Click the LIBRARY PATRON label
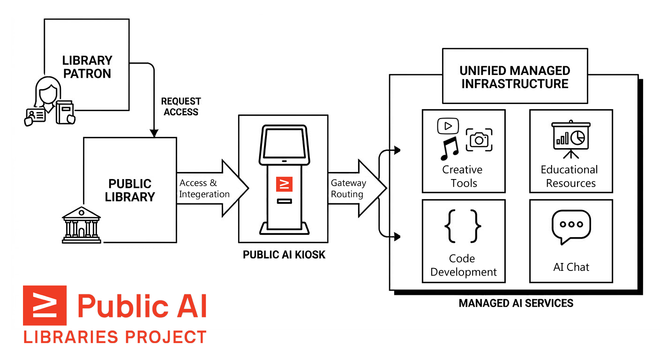[87, 67]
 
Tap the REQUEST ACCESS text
[181, 106]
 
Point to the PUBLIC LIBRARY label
[130, 190]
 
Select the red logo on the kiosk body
[284, 184]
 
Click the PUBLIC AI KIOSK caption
[284, 255]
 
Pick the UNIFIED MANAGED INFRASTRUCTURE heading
[515, 77]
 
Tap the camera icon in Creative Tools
[479, 139]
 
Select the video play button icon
[448, 126]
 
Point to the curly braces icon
[463, 226]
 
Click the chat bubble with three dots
[571, 226]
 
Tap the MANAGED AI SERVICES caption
[516, 303]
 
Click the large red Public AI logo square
[45, 305]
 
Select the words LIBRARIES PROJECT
[115, 337]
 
